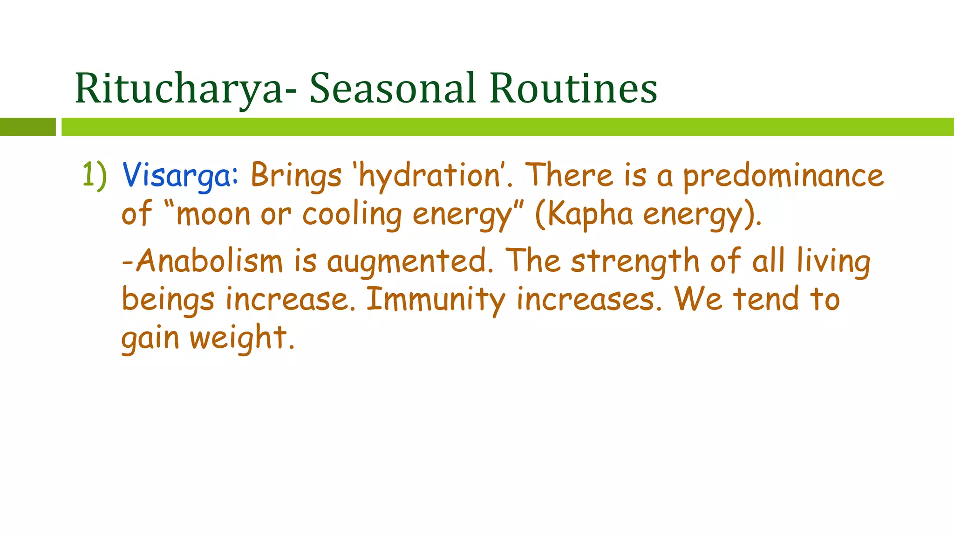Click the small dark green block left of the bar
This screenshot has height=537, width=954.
(x=27, y=127)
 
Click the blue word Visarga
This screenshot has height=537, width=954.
(x=180, y=176)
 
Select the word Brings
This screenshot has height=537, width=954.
(x=296, y=176)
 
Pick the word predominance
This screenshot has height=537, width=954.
(x=783, y=176)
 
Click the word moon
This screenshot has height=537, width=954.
(x=213, y=214)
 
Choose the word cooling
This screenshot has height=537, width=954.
(x=352, y=214)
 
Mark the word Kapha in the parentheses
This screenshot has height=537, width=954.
(x=590, y=214)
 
